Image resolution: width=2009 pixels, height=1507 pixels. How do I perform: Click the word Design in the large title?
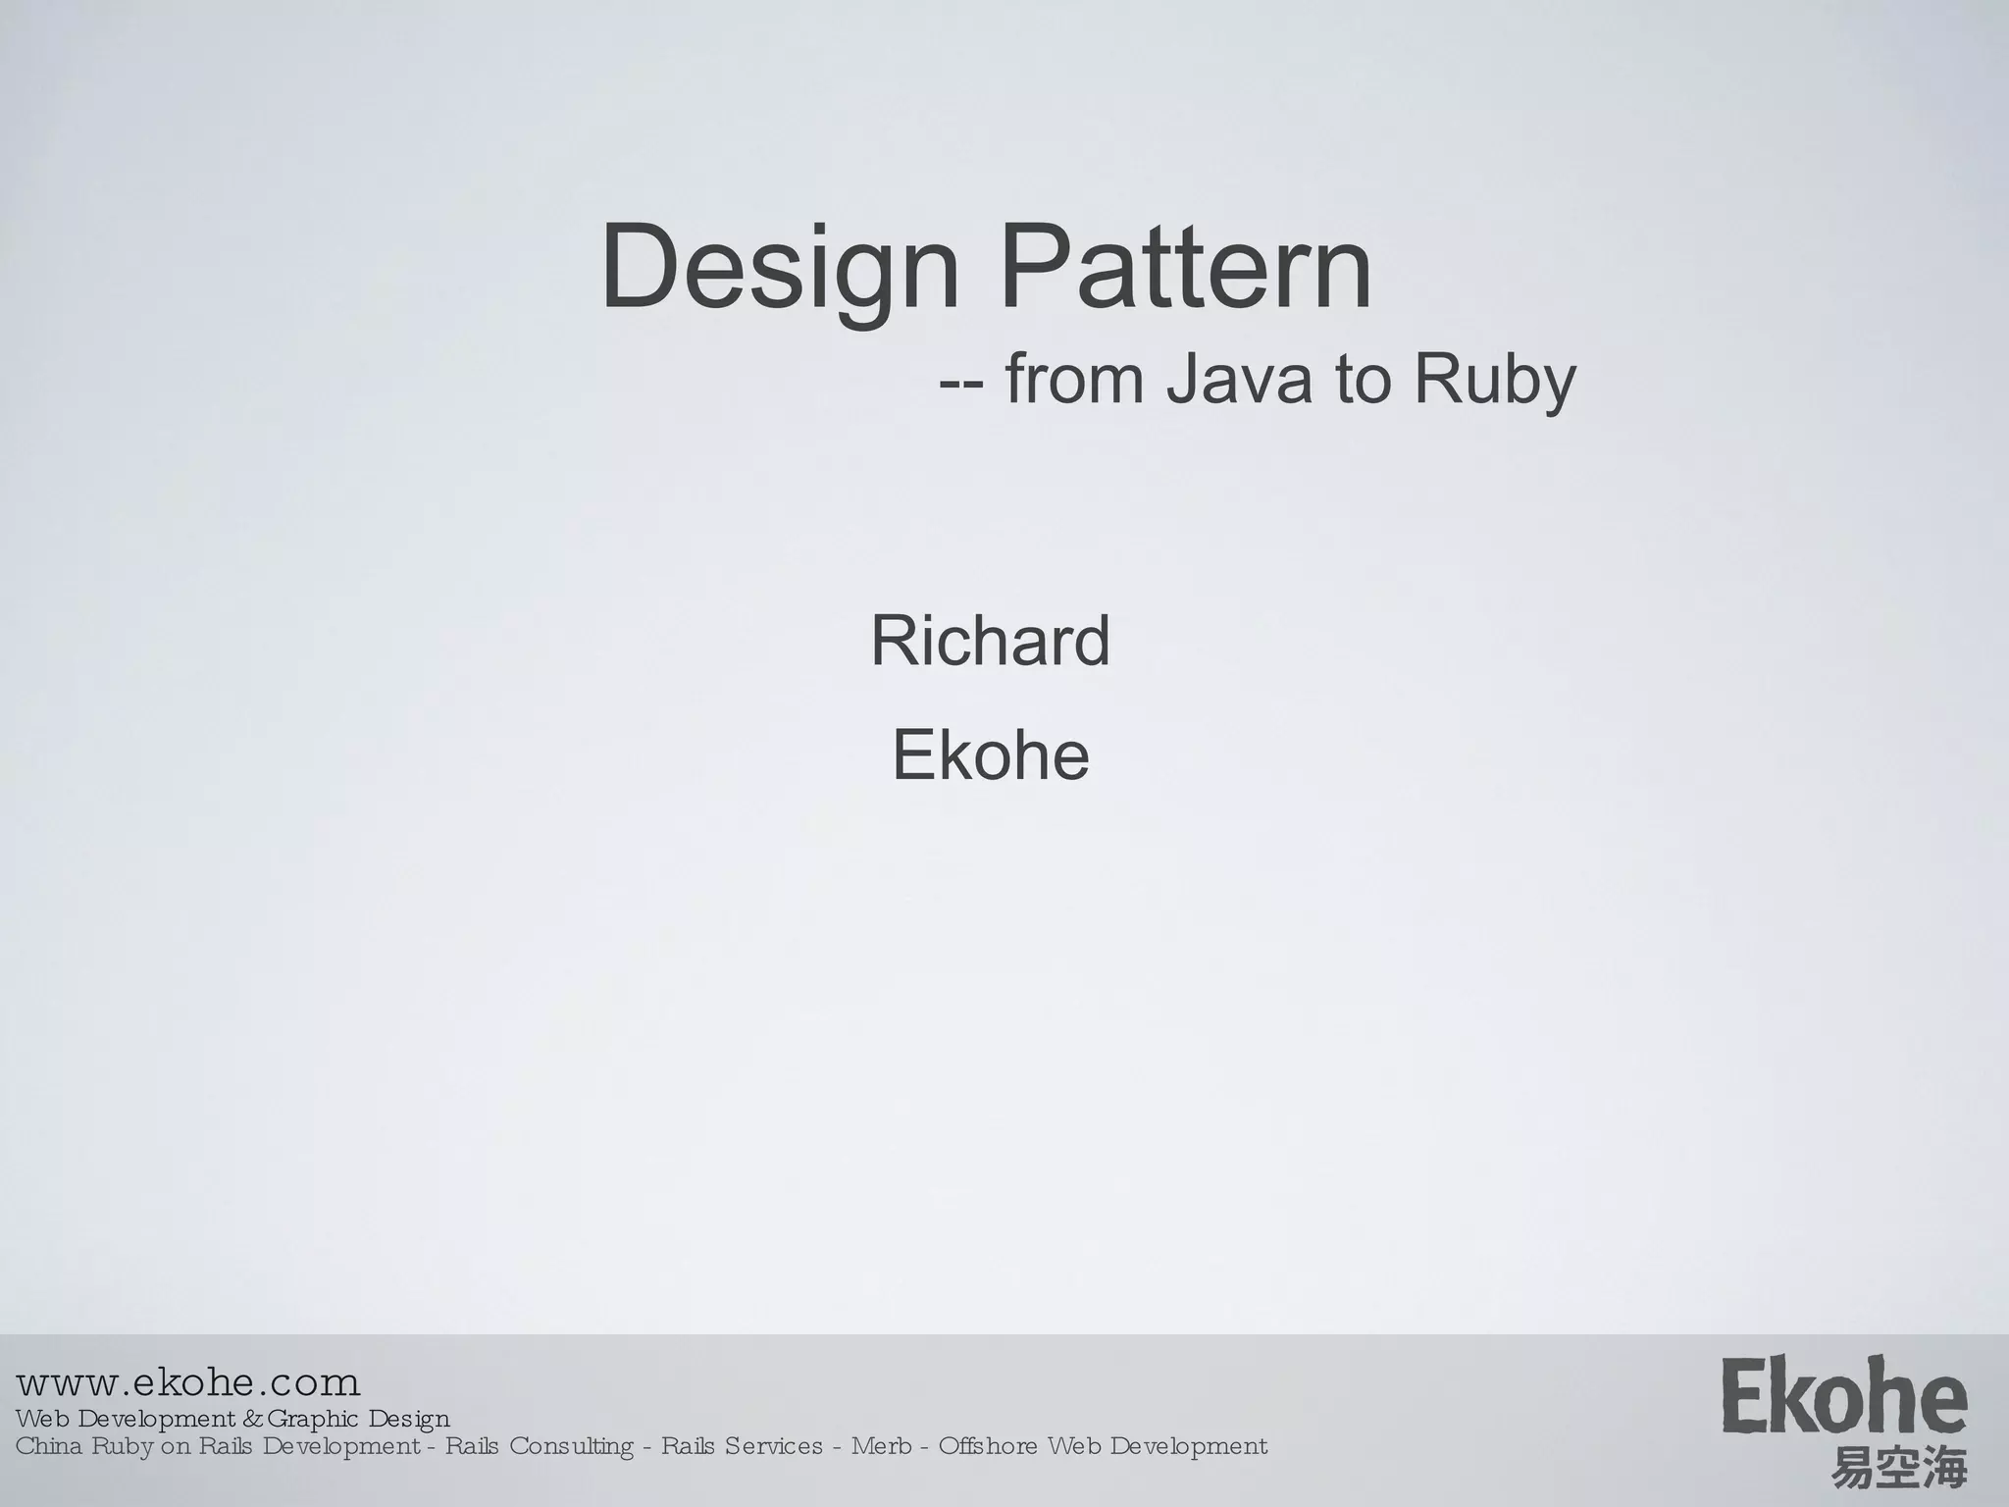[780, 268]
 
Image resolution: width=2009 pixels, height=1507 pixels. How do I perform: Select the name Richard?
[990, 641]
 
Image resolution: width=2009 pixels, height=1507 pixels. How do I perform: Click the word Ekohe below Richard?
[990, 755]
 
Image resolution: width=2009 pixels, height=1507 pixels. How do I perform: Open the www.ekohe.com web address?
[188, 1383]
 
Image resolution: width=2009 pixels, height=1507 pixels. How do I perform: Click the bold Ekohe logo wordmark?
[1844, 1397]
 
